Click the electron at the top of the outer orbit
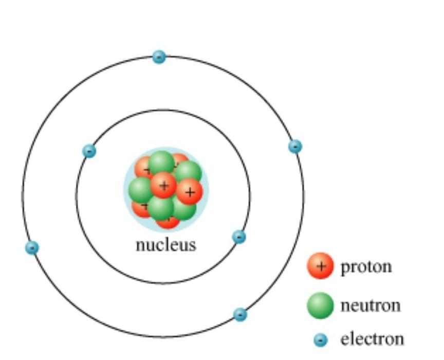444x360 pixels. [159, 57]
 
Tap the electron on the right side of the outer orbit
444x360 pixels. [295, 147]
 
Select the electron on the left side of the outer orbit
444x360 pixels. [32, 247]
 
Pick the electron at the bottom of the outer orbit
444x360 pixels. [240, 314]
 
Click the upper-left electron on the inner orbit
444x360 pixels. [89, 151]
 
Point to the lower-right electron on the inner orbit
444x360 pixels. [239, 237]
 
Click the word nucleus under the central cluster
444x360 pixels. [165, 245]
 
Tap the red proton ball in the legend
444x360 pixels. [320, 266]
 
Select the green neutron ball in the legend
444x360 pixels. [321, 305]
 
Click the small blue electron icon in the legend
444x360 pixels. [321, 340]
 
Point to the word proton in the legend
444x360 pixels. [366, 267]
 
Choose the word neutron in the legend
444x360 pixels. [370, 305]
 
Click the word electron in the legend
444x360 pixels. [372, 339]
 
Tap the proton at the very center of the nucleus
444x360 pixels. [163, 185]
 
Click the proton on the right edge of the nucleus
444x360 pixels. [190, 192]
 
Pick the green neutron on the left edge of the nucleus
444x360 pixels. [140, 189]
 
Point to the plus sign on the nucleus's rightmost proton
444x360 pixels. [190, 192]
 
